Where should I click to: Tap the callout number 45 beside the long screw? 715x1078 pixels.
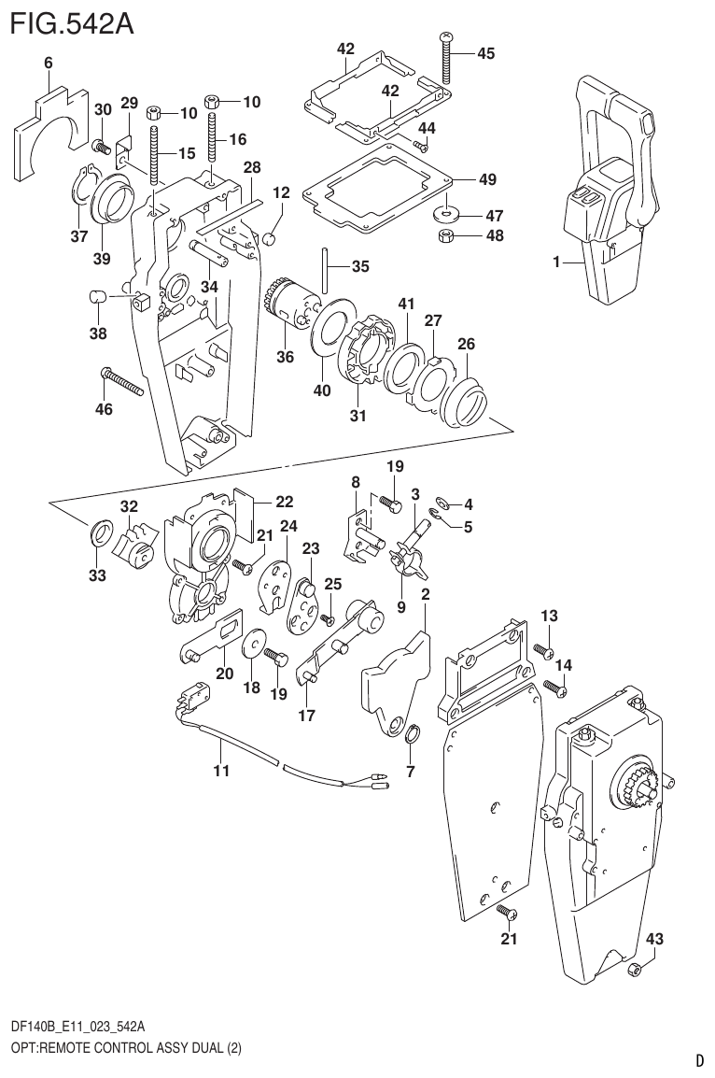point(485,53)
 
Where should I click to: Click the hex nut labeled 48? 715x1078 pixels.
point(447,235)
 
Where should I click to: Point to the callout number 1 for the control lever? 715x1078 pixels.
point(555,262)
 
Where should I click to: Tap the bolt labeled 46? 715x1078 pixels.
point(120,381)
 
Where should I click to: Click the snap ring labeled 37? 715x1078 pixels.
point(83,185)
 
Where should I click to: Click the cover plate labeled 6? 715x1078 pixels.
point(47,132)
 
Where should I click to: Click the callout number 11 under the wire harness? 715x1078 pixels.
point(220,771)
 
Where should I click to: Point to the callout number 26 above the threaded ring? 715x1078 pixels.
point(466,344)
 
